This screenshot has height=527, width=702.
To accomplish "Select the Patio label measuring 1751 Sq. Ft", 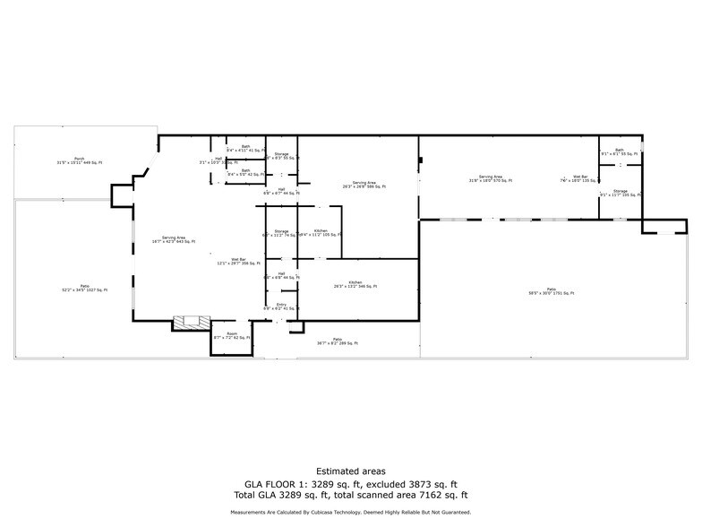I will pyautogui.click(x=551, y=291).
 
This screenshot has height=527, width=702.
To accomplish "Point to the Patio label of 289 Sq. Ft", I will pyautogui.click(x=338, y=341).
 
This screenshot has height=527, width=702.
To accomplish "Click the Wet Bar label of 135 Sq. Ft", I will pyautogui.click(x=580, y=178).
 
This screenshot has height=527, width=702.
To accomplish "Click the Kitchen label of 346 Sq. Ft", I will pyautogui.click(x=355, y=284).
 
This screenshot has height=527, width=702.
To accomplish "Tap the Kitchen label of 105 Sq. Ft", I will pyautogui.click(x=321, y=233).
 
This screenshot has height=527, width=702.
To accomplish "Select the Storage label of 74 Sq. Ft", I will pyautogui.click(x=281, y=233).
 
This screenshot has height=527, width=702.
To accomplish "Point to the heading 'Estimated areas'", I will pyautogui.click(x=350, y=471).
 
